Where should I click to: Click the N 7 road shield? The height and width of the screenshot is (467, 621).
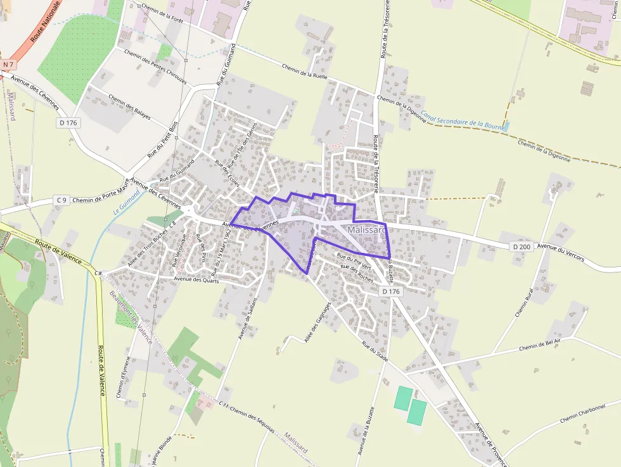click(8, 65)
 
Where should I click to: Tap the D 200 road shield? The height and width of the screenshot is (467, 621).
click(521, 246)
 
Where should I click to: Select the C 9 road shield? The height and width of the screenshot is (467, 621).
click(61, 200)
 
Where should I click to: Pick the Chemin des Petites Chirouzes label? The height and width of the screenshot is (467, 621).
click(156, 67)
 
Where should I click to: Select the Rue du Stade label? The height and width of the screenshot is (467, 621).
click(375, 351)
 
